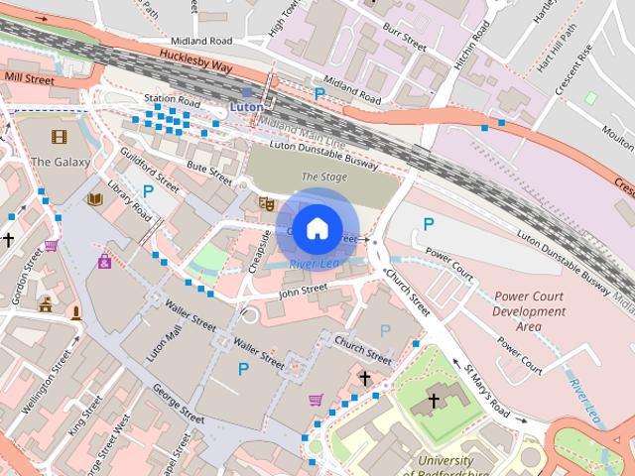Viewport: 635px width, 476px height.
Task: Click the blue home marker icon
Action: pyautogui.click(x=317, y=228)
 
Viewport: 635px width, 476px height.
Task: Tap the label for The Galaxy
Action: pyautogui.click(x=61, y=162)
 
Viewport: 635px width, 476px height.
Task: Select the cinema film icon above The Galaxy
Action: pyautogui.click(x=60, y=136)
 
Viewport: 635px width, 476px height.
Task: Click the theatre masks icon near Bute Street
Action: pyautogui.click(x=265, y=203)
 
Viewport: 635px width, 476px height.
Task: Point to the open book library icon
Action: pyautogui.click(x=95, y=199)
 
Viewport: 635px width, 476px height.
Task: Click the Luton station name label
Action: pyautogui.click(x=246, y=105)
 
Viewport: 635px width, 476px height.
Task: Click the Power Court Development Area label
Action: pyautogui.click(x=531, y=310)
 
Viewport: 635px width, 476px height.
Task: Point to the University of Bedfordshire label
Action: pyautogui.click(x=458, y=467)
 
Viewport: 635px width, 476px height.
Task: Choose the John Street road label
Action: pyautogui.click(x=303, y=290)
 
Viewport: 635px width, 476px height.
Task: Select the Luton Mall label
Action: pyautogui.click(x=159, y=341)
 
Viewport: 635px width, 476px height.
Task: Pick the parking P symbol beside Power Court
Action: pyautogui.click(x=429, y=225)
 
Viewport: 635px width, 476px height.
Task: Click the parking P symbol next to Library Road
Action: pyautogui.click(x=148, y=190)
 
